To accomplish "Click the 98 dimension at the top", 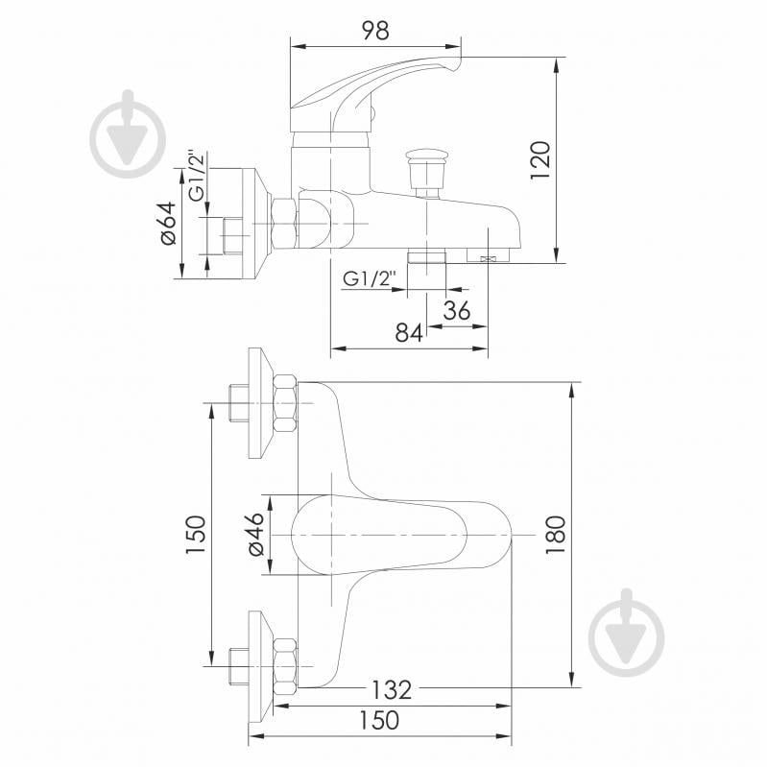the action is (x=375, y=31).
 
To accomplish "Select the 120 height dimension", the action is (x=540, y=160).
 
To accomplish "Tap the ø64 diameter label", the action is (x=167, y=223).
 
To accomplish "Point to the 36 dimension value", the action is (x=457, y=310).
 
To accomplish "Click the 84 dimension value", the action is (x=409, y=333).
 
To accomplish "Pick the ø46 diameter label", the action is (x=255, y=534).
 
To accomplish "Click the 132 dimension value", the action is (x=392, y=690).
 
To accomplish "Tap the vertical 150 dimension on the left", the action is (x=195, y=534).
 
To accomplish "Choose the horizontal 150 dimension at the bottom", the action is (x=379, y=720).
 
